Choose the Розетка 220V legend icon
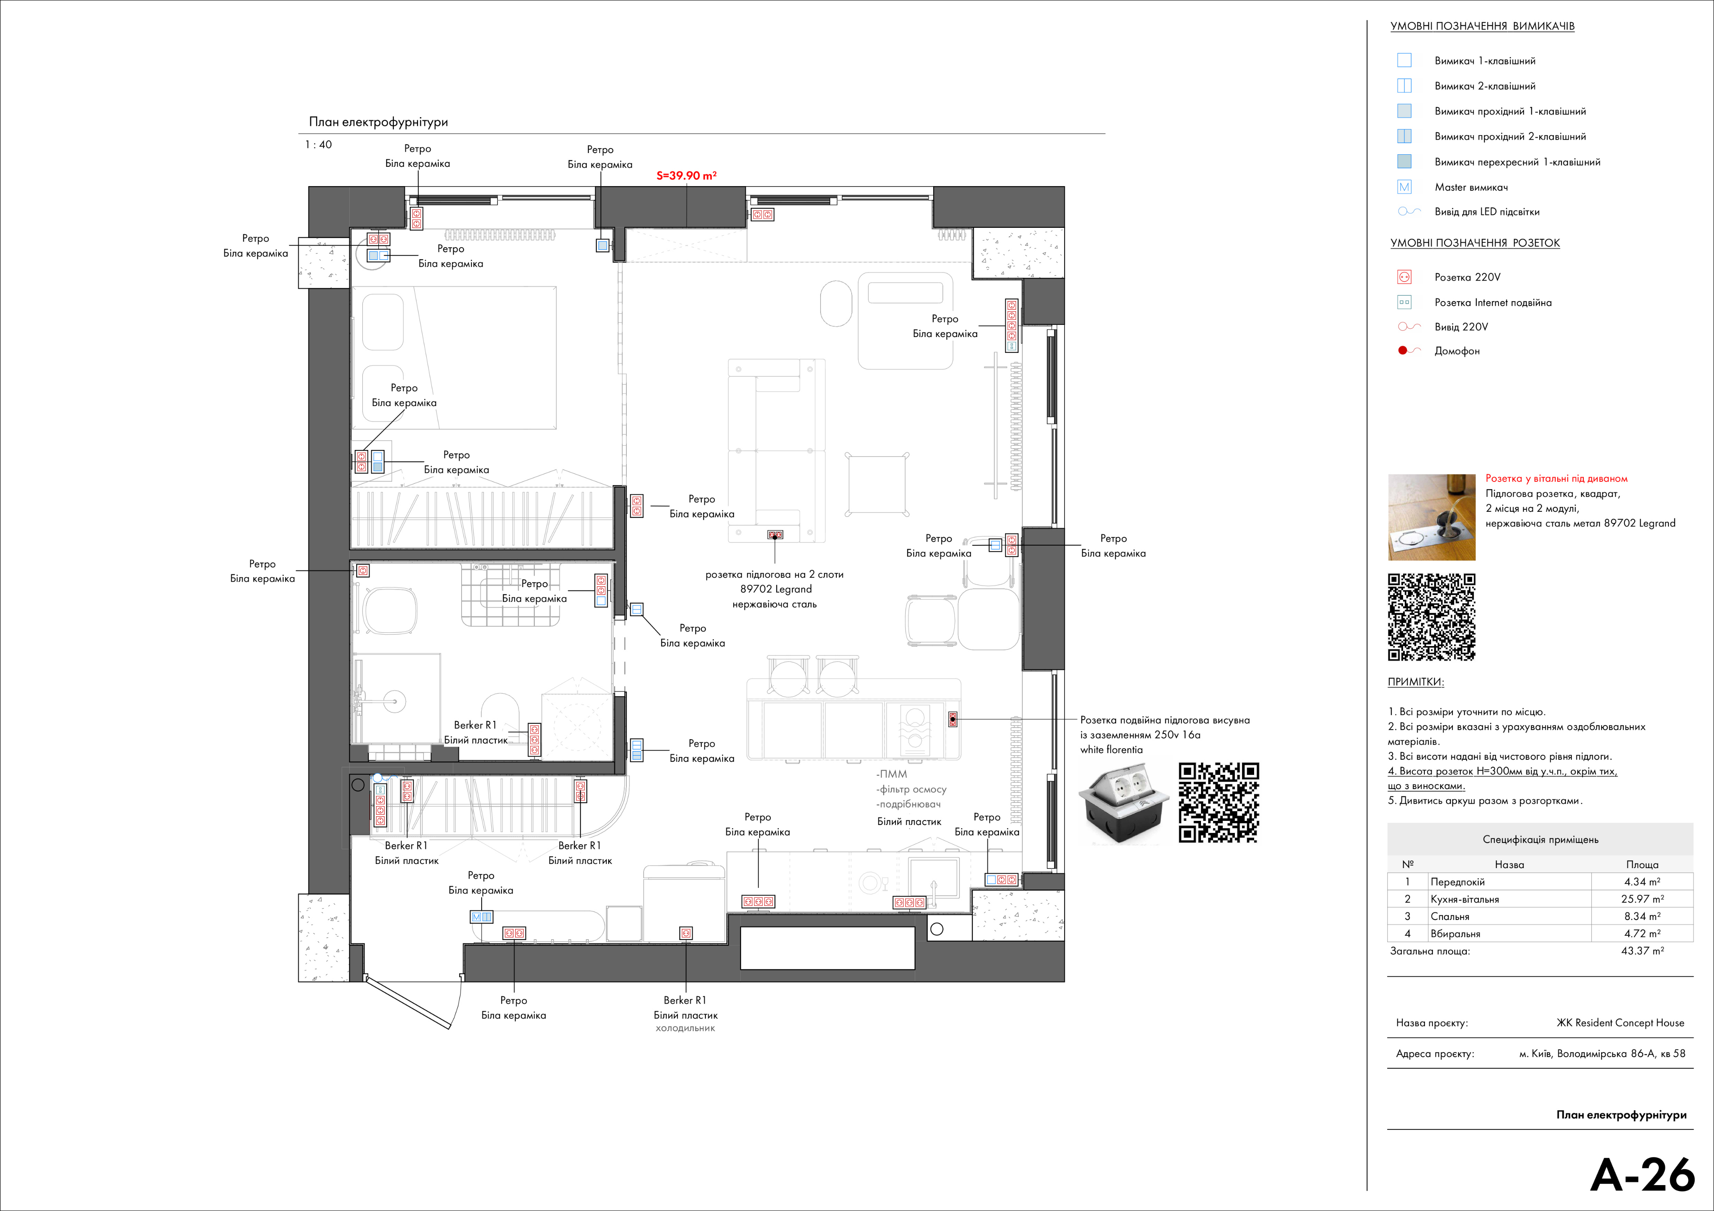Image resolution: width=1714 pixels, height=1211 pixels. pos(1404,277)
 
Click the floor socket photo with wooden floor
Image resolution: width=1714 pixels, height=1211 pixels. pos(1431,517)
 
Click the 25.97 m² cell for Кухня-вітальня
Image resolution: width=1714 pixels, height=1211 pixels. pos(1642,899)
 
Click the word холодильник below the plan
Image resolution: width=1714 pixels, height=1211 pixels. pos(685,1028)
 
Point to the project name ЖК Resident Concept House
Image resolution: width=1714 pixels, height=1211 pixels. pos(1620,1023)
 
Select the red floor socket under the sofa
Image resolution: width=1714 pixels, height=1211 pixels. pos(775,535)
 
